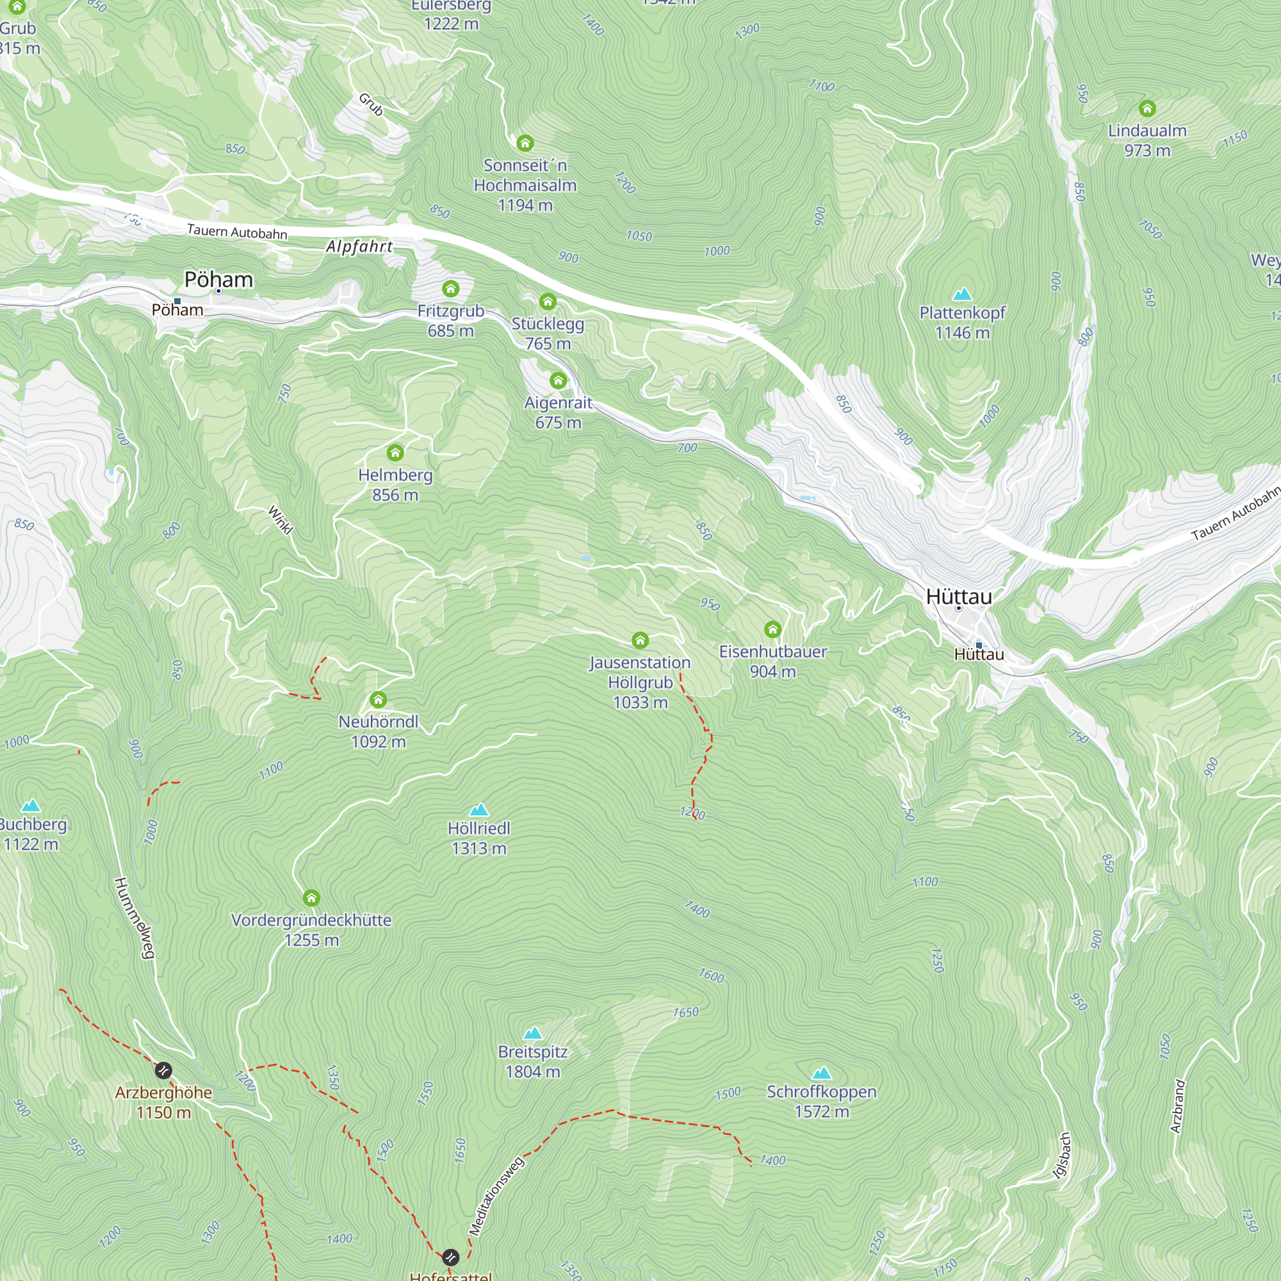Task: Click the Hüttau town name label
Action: click(959, 596)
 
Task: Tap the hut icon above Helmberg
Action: click(395, 453)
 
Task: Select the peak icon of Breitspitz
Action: click(532, 1033)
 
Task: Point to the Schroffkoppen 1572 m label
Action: click(822, 1101)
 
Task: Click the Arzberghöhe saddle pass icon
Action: click(163, 1070)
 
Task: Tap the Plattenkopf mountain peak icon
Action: click(962, 294)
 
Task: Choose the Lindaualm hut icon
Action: click(1147, 108)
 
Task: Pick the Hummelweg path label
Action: click(135, 918)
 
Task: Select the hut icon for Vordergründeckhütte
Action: click(311, 899)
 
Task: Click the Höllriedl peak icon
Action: click(478, 810)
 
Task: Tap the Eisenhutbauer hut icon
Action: click(772, 628)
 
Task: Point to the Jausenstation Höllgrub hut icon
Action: click(640, 640)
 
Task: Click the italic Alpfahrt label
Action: click(359, 247)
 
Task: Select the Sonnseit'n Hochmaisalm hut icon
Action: click(525, 143)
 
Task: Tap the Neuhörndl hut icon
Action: click(378, 699)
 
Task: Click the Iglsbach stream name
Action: click(1062, 1155)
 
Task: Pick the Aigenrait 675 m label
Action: click(559, 412)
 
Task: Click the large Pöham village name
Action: click(219, 279)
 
